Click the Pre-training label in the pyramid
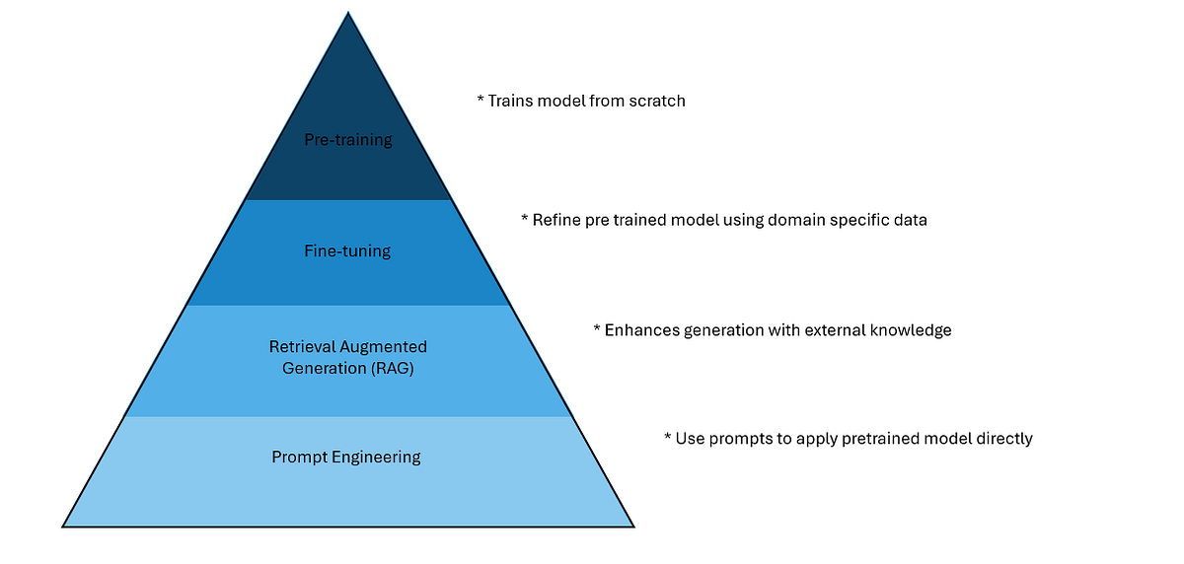(x=347, y=140)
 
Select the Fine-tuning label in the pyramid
(x=347, y=251)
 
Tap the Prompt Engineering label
(x=346, y=458)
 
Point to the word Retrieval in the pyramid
(x=301, y=347)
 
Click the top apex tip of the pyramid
(x=348, y=13)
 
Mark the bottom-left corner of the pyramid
(x=63, y=527)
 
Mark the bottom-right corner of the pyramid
(x=633, y=527)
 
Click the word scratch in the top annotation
(x=656, y=101)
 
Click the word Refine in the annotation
(x=556, y=220)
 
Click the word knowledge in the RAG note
(x=912, y=330)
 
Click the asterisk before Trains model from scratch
(x=481, y=100)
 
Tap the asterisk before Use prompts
(x=668, y=437)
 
